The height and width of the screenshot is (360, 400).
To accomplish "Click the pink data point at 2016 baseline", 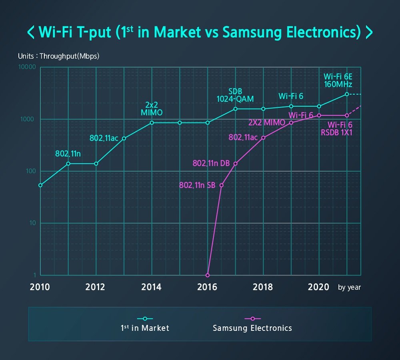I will [x=207, y=275].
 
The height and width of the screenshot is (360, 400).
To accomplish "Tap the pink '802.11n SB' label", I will [x=197, y=186].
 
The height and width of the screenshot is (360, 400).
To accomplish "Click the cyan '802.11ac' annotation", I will [x=103, y=138].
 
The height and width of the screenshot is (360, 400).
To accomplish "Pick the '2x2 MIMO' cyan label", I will [x=152, y=109].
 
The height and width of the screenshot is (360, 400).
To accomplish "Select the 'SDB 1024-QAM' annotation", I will [x=235, y=95].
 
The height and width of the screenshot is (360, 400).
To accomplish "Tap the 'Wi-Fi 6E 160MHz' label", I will [x=338, y=80].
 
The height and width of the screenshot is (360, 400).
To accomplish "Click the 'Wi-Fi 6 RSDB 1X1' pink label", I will [x=336, y=129].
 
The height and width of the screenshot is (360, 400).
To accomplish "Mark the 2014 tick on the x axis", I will [x=152, y=287].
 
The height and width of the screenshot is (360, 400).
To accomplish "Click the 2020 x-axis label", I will [x=319, y=287].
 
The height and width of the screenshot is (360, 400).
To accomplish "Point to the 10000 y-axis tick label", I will [x=27, y=67].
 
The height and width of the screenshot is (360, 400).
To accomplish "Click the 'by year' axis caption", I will [x=349, y=287].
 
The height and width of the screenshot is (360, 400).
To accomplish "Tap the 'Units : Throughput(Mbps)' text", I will [x=58, y=56].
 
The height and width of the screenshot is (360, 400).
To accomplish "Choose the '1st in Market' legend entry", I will [x=145, y=328].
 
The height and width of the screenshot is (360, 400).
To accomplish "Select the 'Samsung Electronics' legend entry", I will [x=252, y=328].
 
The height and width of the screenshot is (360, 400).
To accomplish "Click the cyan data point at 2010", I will [x=40, y=185].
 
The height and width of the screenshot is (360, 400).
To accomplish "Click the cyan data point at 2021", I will [x=347, y=94].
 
